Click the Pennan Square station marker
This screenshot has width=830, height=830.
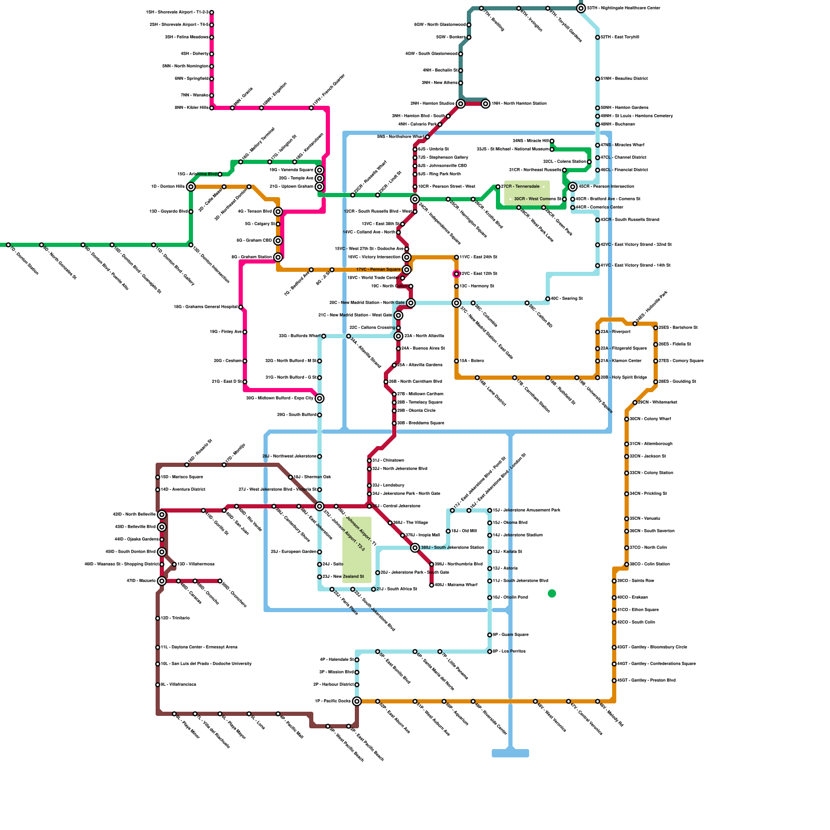pyautogui.click(x=407, y=270)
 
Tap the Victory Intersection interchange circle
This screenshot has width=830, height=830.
pyautogui.click(x=407, y=257)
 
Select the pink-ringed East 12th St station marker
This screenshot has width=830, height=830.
pyautogui.click(x=457, y=274)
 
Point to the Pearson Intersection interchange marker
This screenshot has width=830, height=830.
pyautogui.click(x=573, y=187)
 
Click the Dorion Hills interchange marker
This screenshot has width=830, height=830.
pyautogui.click(x=191, y=187)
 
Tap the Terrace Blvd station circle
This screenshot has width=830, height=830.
pyautogui.click(x=278, y=212)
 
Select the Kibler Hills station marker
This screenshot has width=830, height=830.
pyautogui.click(x=212, y=108)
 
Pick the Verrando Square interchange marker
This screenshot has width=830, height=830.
pyautogui.click(x=320, y=170)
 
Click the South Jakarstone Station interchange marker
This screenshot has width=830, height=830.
pyautogui.click(x=415, y=548)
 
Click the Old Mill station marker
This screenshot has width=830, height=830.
pyautogui.click(x=448, y=531)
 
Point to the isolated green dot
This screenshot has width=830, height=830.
pyautogui.click(x=552, y=593)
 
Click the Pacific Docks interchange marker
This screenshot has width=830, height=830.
pyautogui.click(x=357, y=701)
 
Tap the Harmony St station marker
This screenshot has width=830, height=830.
pyautogui.click(x=457, y=286)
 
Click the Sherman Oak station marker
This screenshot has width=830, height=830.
pyautogui.click(x=290, y=477)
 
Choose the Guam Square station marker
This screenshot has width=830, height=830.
pyautogui.click(x=490, y=635)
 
